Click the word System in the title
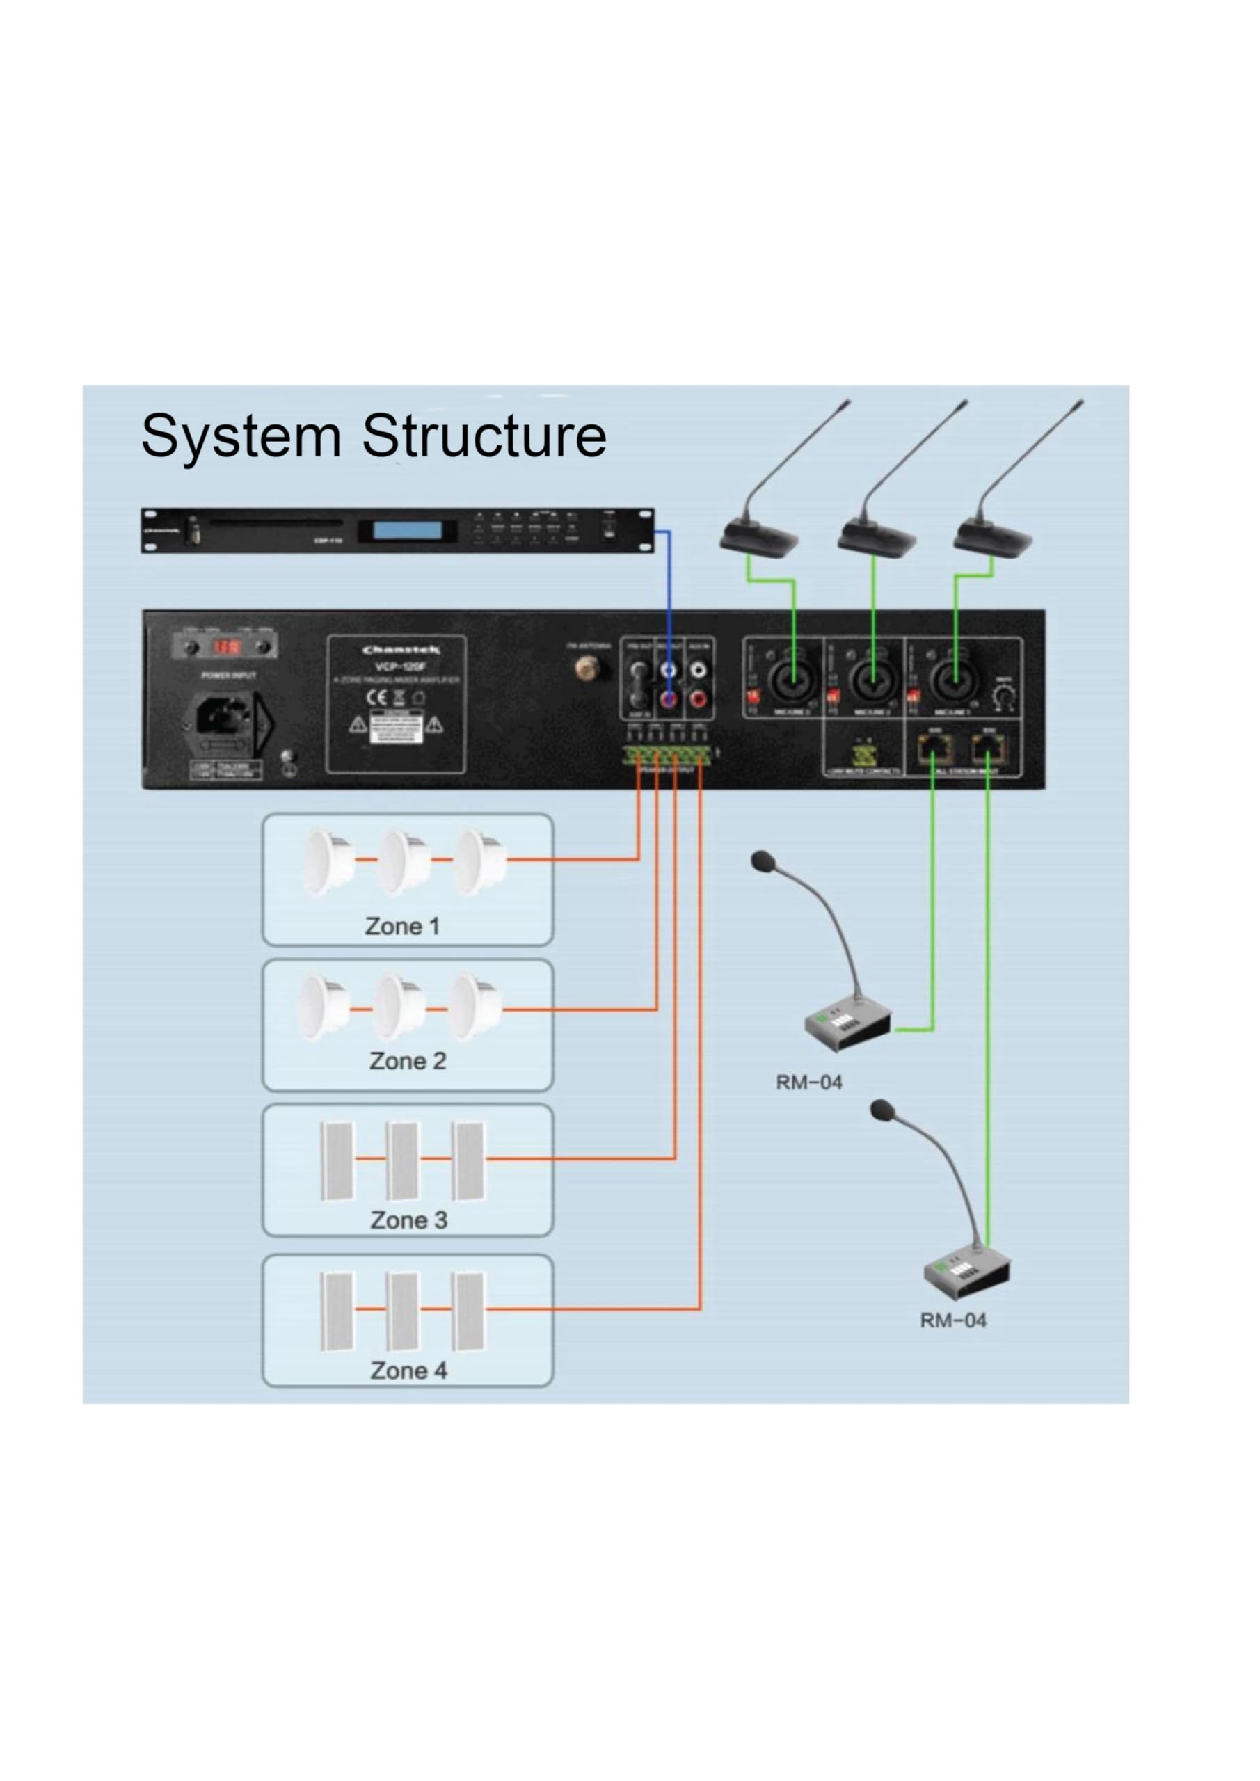pos(241,437)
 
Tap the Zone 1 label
pos(402,926)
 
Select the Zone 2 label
pos(407,1061)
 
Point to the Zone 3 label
pos(408,1220)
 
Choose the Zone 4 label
pos(408,1371)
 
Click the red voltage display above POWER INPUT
pos(228,646)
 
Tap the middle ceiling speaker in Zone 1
pos(404,861)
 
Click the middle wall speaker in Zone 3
pos(404,1160)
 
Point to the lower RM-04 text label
pos(952,1320)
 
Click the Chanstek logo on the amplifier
pos(400,650)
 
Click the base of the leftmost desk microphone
pos(758,537)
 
